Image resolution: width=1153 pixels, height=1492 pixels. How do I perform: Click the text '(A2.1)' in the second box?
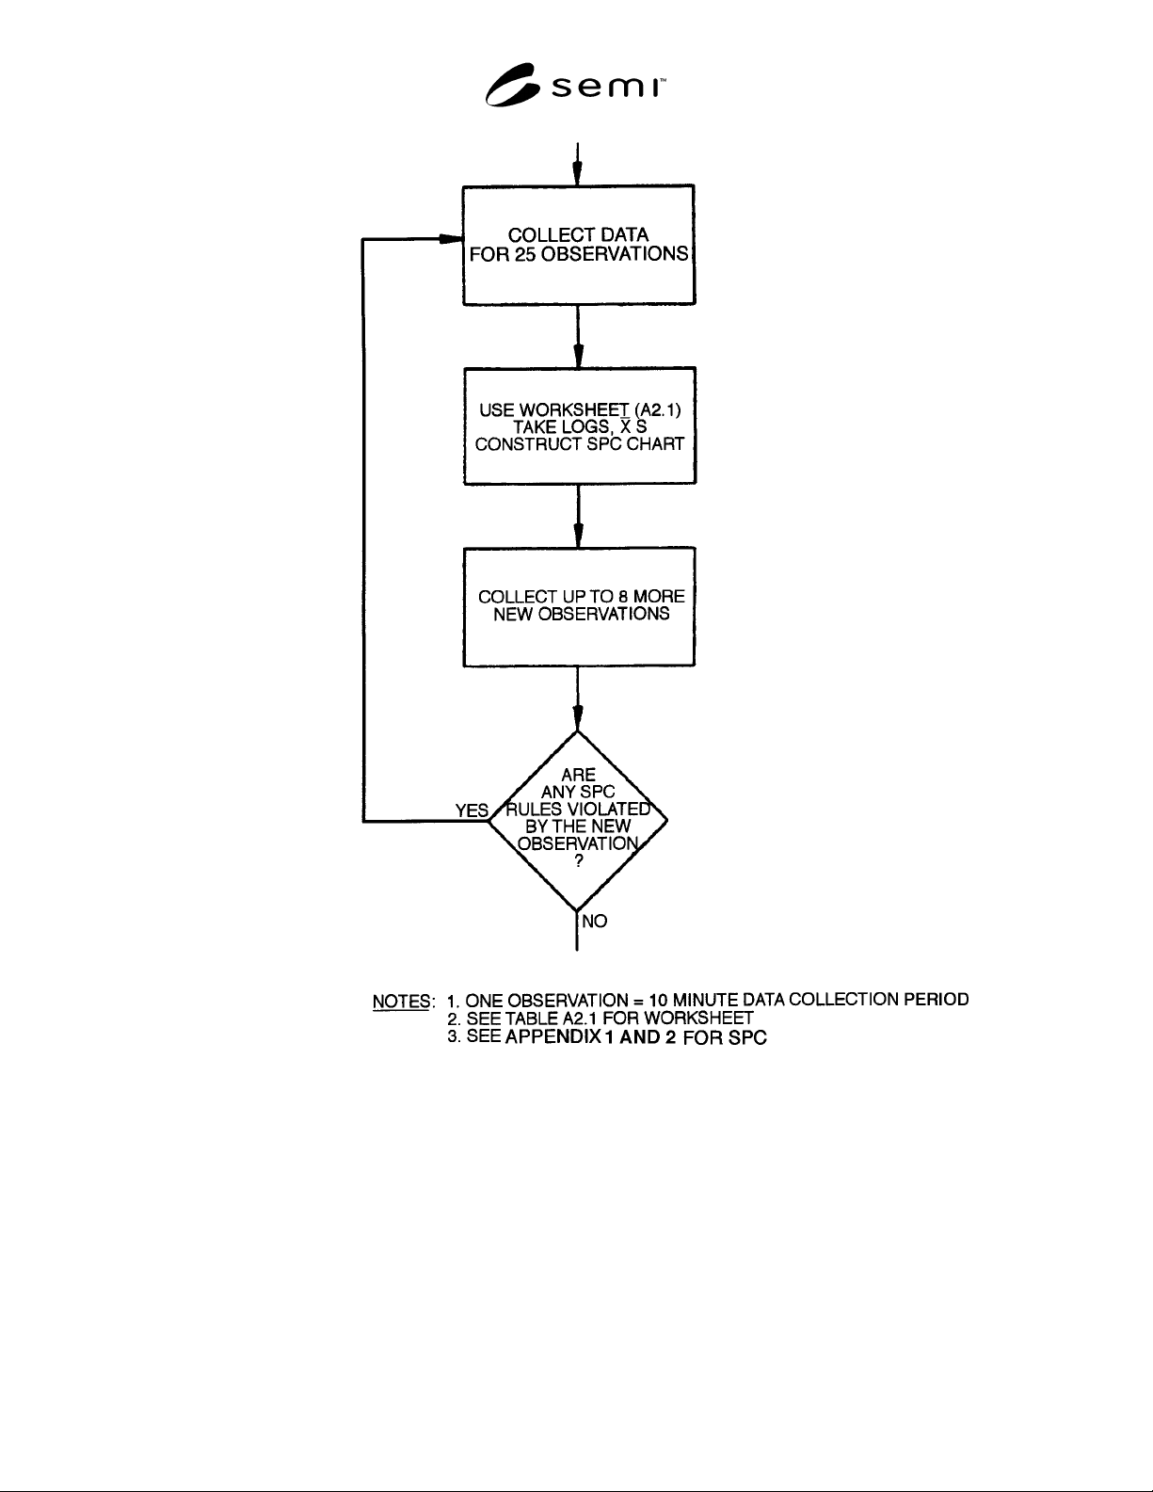(x=658, y=410)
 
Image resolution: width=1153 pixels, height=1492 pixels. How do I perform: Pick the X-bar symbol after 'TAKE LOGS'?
(x=625, y=426)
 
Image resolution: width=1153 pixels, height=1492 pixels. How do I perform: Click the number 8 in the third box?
(x=622, y=597)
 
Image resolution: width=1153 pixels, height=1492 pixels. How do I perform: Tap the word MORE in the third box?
(x=659, y=597)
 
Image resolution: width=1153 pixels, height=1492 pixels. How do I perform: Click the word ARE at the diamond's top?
(x=578, y=775)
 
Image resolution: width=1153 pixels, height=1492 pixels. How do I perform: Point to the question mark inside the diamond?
(x=579, y=861)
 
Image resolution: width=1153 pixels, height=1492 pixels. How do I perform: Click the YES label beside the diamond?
(x=472, y=810)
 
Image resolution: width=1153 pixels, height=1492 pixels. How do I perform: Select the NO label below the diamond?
(x=594, y=922)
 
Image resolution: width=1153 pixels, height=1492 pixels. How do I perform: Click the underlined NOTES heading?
(x=401, y=1002)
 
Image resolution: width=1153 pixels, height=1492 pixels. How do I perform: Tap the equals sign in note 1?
(x=638, y=1001)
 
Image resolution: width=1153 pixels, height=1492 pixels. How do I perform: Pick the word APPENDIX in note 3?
(x=553, y=1036)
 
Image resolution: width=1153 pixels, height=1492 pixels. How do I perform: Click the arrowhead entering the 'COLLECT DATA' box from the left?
(x=451, y=239)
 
